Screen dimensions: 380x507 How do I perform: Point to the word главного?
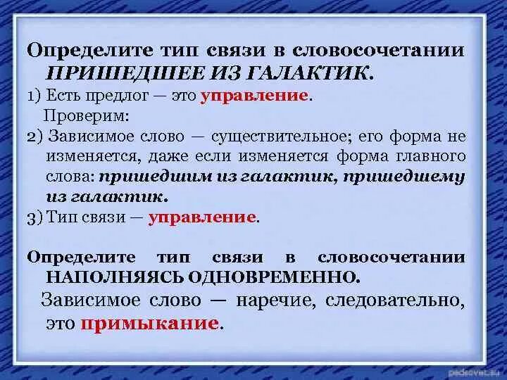click(x=430, y=156)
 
